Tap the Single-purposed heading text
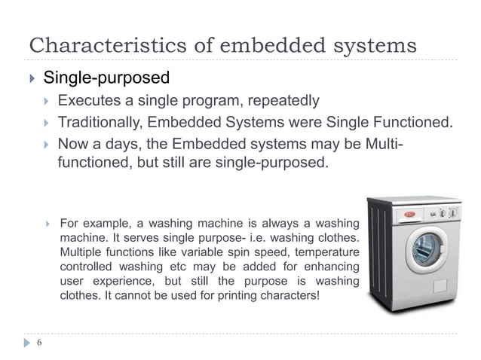click(x=106, y=78)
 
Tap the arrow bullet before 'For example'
click(x=47, y=223)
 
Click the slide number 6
click(x=38, y=343)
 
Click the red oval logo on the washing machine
click(x=409, y=213)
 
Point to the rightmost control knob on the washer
click(x=453, y=212)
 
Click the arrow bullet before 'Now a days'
click(x=47, y=144)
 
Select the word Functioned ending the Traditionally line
click(x=415, y=122)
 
